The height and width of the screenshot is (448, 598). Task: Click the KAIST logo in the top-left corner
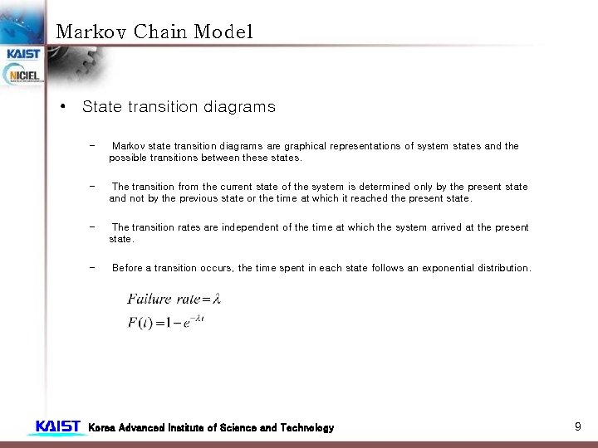click(23, 54)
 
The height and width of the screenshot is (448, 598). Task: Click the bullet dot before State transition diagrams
click(63, 108)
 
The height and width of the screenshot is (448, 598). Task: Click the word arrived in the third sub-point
click(449, 227)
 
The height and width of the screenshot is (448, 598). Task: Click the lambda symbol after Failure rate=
click(216, 299)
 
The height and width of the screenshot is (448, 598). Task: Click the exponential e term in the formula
click(188, 324)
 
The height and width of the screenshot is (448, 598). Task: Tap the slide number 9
click(577, 426)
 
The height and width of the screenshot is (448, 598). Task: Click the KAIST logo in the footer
click(57, 427)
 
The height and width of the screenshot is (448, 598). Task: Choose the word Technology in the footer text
click(304, 428)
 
